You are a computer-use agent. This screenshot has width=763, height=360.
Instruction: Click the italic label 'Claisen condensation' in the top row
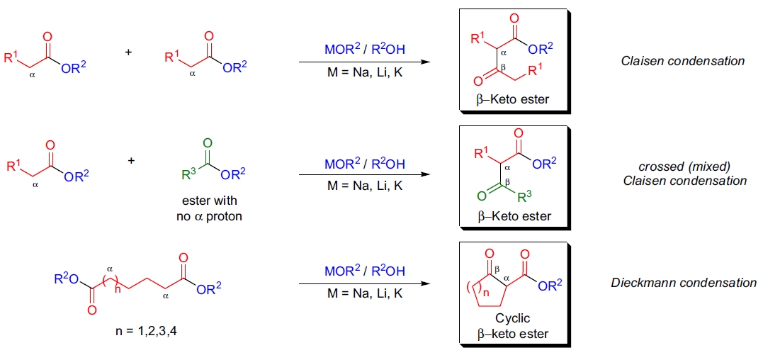682,61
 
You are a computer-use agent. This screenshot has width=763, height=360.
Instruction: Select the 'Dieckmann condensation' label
684,283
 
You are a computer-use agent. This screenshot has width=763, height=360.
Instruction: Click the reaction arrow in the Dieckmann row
364,284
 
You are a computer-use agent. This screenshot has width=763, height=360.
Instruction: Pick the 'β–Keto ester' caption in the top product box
513,99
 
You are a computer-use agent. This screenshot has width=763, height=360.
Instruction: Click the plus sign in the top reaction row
128,51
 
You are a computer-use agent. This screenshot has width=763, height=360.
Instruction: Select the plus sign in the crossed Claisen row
131,160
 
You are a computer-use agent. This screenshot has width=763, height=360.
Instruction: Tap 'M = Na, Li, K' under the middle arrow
364,186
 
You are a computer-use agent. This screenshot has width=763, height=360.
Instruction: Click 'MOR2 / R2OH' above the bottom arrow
364,271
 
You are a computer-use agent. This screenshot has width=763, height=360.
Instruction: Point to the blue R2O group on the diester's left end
66,280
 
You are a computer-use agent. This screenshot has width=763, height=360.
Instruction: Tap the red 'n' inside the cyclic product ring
485,292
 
